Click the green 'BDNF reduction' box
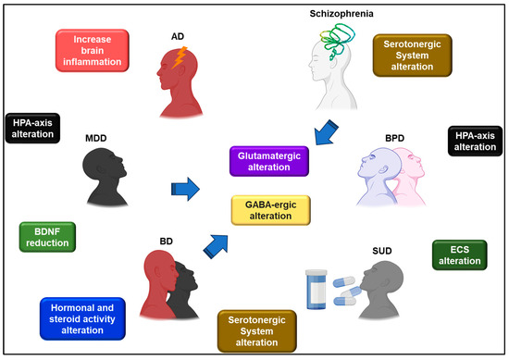(47, 236)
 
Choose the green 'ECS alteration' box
(460, 254)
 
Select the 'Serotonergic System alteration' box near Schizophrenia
(412, 56)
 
